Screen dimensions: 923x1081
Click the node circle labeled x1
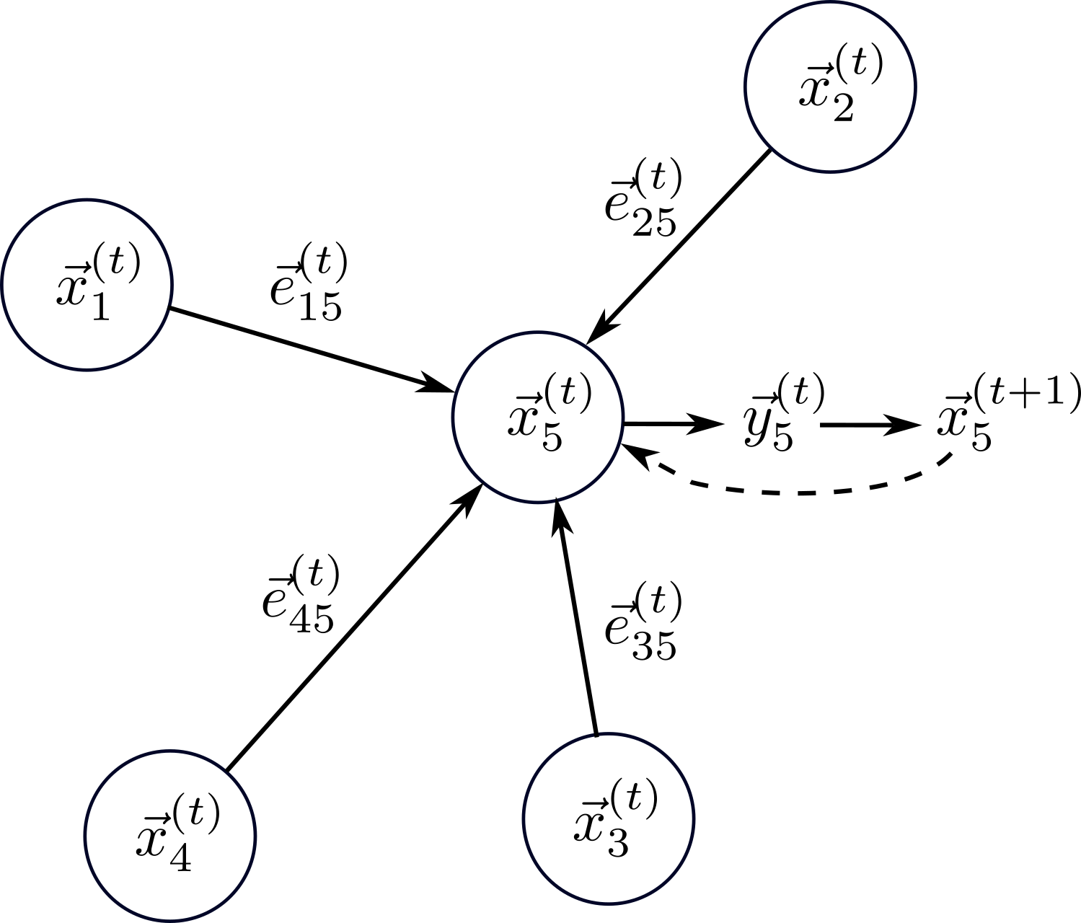[x=87, y=285]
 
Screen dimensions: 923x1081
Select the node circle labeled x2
[x=830, y=87]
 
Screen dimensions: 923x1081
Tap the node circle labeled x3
[x=608, y=819]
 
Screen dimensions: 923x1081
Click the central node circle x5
[x=538, y=417]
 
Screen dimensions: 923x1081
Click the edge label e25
[x=643, y=200]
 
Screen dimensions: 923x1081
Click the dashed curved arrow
[x=793, y=493]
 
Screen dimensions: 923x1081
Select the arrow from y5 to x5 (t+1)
[x=870, y=425]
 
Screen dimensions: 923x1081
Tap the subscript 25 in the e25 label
[x=652, y=224]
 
